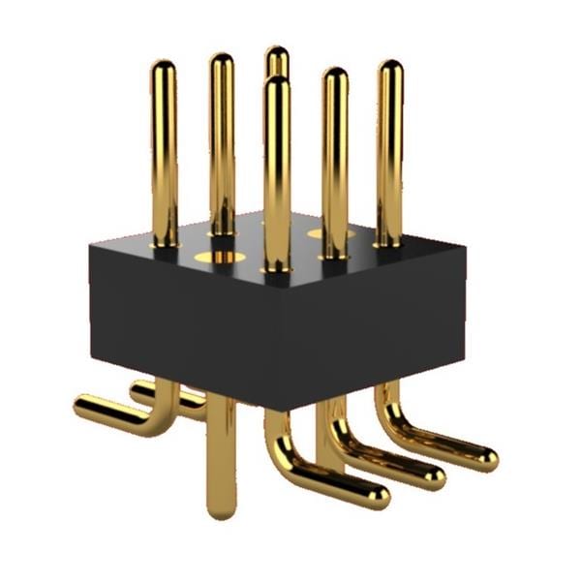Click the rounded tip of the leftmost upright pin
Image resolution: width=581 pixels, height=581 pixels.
[164, 69]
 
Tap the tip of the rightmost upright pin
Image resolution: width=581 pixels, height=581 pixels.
[390, 69]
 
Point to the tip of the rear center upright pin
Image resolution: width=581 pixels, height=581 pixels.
[277, 54]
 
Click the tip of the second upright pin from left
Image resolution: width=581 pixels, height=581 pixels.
[222, 62]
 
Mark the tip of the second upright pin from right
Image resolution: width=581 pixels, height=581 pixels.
[335, 76]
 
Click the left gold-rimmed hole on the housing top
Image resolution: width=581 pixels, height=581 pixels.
[217, 258]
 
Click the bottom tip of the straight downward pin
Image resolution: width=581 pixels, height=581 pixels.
[222, 509]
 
